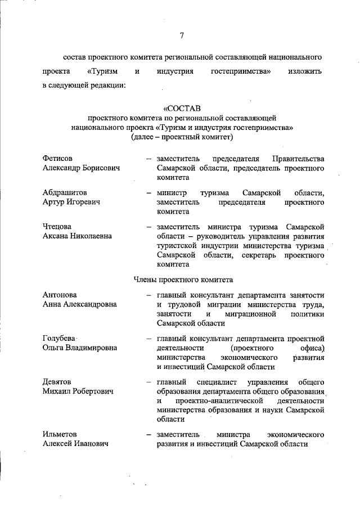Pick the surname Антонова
click(x=60, y=295)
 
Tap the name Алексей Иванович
click(x=76, y=443)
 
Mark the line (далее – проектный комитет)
click(x=182, y=136)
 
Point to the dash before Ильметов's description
click(x=149, y=434)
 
